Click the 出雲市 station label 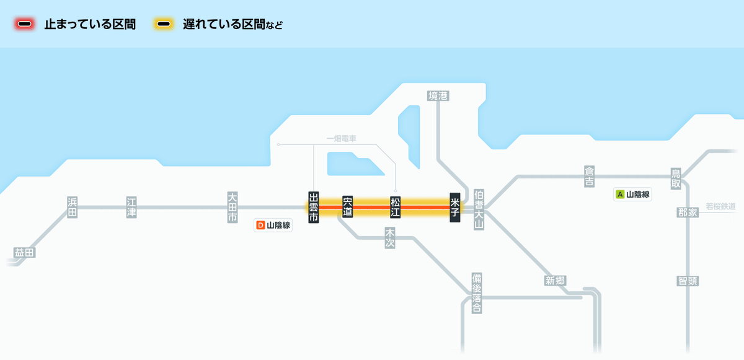pos(314,208)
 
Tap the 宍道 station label pos(347,207)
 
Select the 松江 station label pos(396,208)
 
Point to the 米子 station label pos(455,208)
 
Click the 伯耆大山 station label pos(479,209)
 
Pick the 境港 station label pos(438,96)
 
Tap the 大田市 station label pos(232,208)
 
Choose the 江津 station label pos(131,208)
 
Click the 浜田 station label pos(73,208)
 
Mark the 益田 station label pos(25,253)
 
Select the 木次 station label pos(390,237)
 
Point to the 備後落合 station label pos(477,293)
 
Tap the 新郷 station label pos(555,281)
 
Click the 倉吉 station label pos(589,177)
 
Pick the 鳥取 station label pos(676,178)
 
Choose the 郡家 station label pos(688,213)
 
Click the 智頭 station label pos(688,281)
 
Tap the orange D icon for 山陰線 pos(261,226)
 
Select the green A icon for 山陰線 pos(620,194)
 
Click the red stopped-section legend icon pos(25,24)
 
